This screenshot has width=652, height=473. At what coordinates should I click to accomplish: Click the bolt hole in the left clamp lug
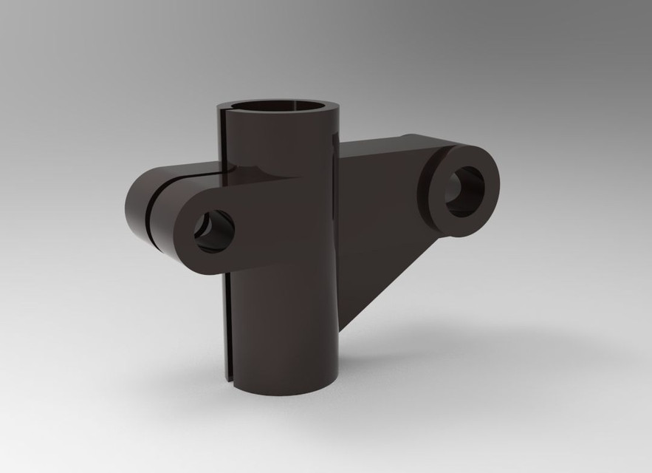[214, 231]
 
